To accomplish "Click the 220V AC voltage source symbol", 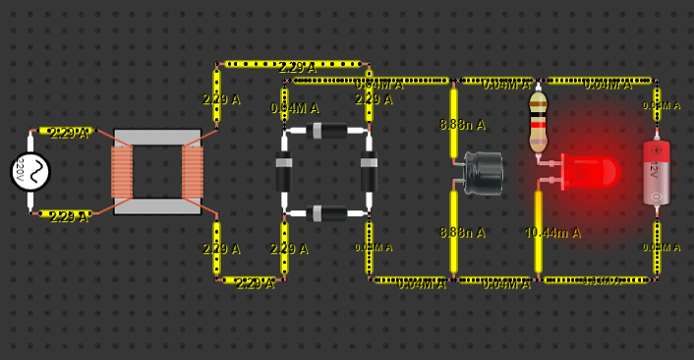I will click(x=30, y=172).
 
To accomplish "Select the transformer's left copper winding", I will click(x=122, y=172).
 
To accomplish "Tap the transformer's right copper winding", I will click(x=193, y=172).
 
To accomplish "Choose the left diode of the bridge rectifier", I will click(x=284, y=171).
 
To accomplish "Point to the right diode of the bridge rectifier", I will click(x=370, y=171).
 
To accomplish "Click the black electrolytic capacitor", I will click(x=483, y=173).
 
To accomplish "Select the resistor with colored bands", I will click(x=538, y=122).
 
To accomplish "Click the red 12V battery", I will click(x=656, y=172).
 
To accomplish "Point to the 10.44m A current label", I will click(x=553, y=233).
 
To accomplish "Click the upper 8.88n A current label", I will click(x=462, y=125).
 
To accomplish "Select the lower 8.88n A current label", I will click(x=462, y=233).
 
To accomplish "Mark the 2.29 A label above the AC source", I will click(x=69, y=134).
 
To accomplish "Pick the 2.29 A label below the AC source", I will click(x=69, y=216).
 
